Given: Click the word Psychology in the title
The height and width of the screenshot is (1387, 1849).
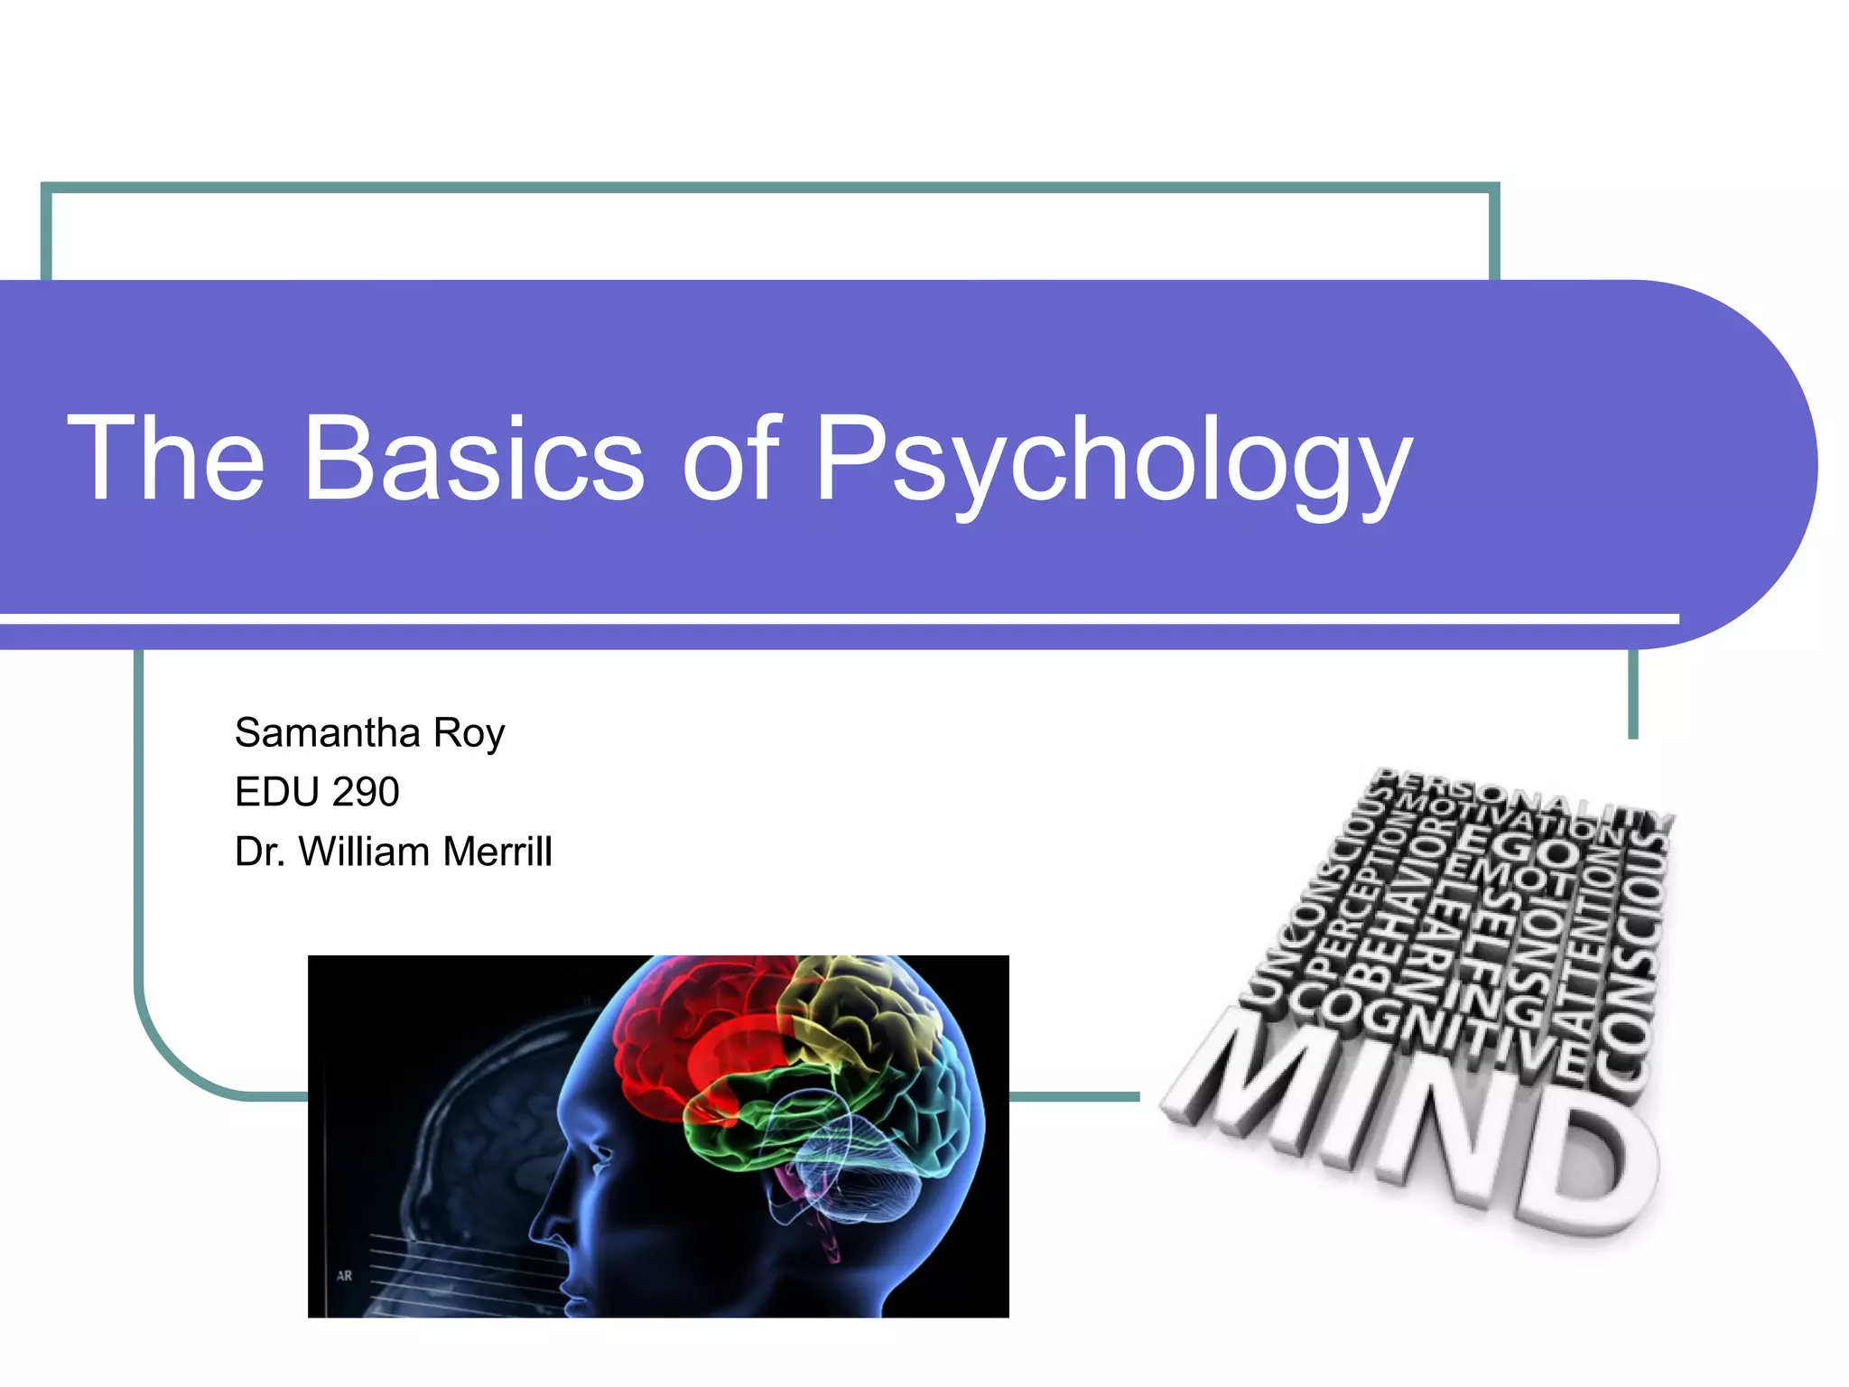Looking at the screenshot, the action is click(x=1112, y=461).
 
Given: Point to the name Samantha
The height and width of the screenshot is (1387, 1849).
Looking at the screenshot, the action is click(x=327, y=732).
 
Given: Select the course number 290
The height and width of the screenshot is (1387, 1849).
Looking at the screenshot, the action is click(x=365, y=792).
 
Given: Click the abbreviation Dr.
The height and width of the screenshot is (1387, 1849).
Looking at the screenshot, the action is click(x=260, y=852).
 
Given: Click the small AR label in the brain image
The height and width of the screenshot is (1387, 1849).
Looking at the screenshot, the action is click(x=344, y=1276).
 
